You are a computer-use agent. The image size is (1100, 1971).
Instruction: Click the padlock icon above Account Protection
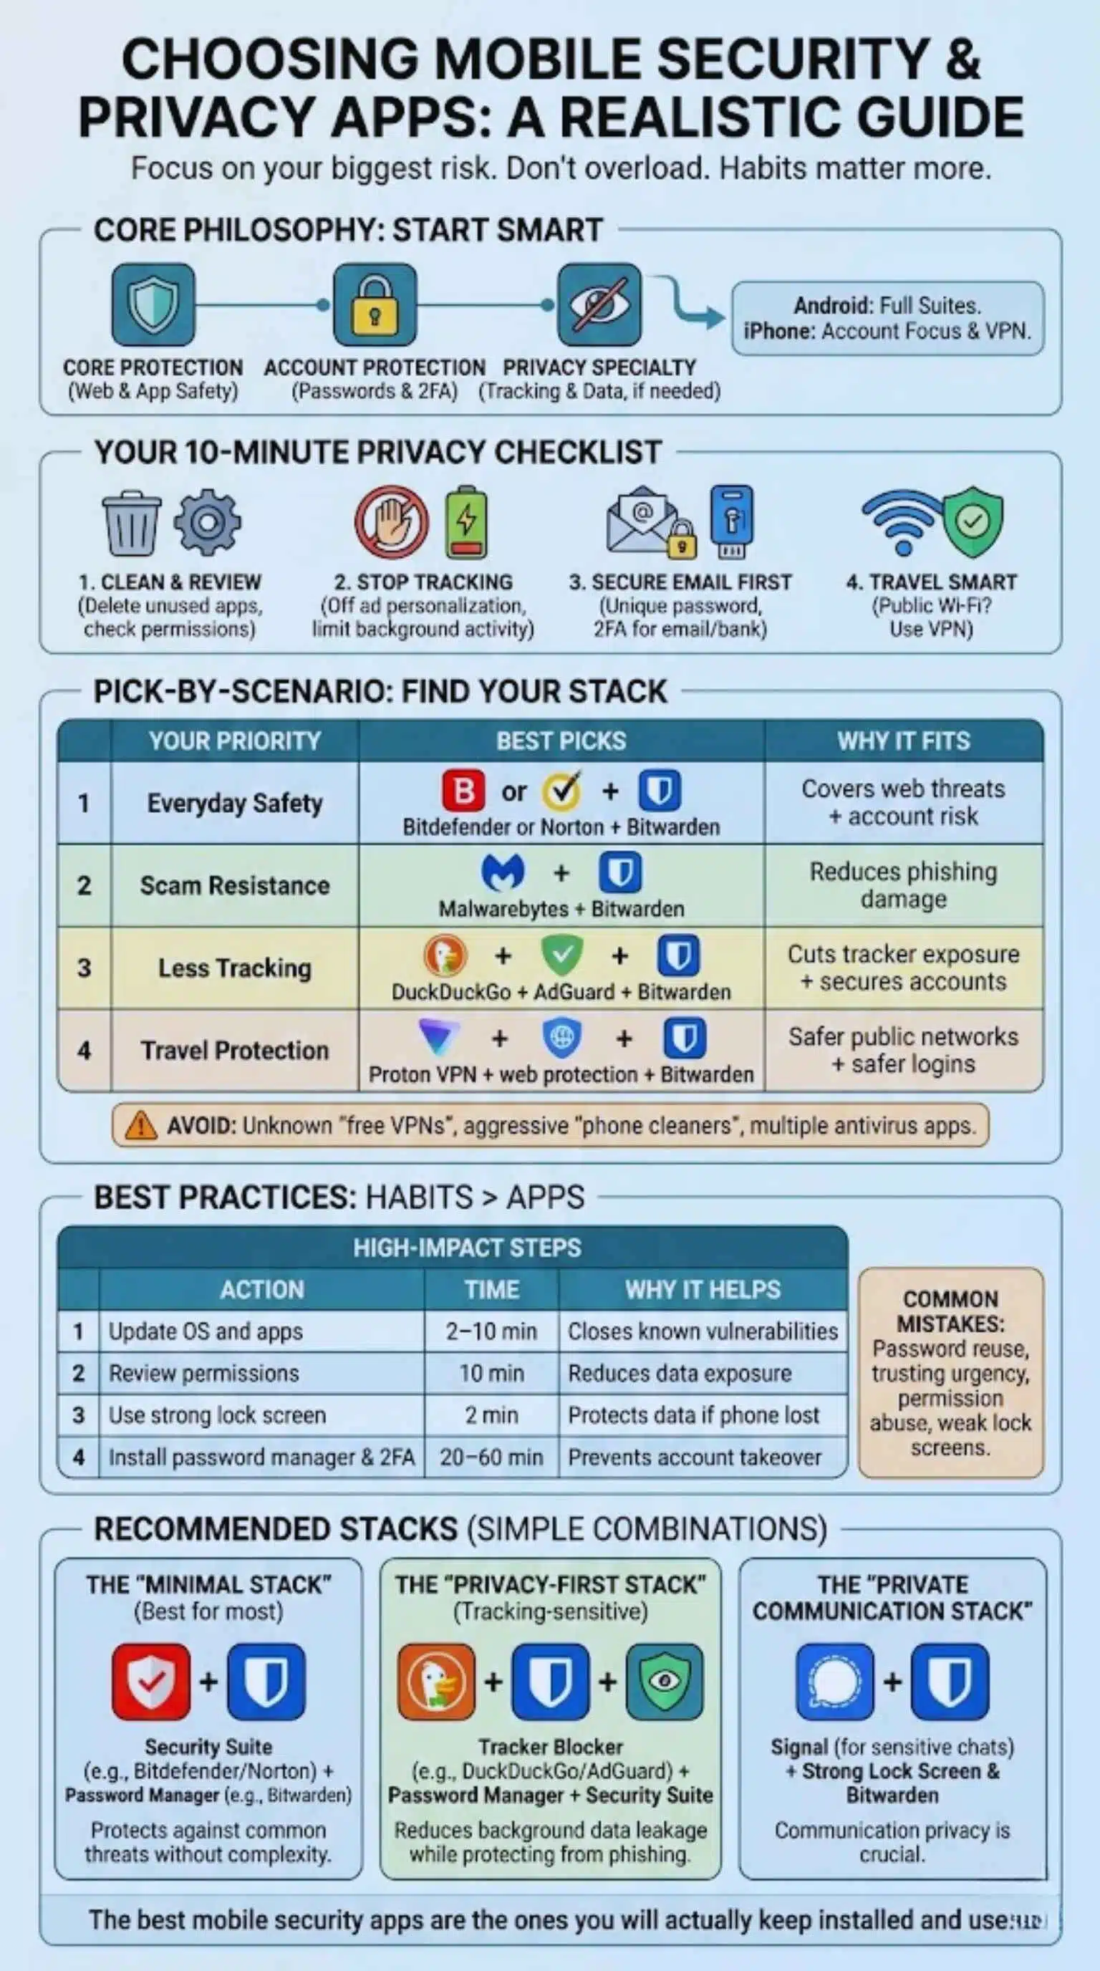coord(374,304)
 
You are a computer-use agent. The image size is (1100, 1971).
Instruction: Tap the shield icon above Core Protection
coord(153,304)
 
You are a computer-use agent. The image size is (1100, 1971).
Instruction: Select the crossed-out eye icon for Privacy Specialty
coord(599,304)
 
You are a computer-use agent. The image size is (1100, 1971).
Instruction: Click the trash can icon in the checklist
coord(132,523)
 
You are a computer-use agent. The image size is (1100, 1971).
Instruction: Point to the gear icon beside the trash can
coord(207,523)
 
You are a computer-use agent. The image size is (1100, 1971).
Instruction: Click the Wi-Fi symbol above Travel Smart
coord(902,520)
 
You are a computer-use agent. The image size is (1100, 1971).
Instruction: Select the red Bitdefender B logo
coord(463,791)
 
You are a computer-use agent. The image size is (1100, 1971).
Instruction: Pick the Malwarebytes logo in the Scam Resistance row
coord(503,872)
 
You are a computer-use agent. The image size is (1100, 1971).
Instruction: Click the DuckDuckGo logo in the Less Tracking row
coord(445,955)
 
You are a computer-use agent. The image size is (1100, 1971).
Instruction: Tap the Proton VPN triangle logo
coord(440,1037)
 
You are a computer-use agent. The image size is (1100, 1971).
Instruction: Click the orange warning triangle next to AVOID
coord(141,1126)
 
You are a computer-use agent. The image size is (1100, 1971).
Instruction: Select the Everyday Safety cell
coord(235,804)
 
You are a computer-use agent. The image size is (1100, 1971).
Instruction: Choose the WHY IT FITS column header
coord(903,741)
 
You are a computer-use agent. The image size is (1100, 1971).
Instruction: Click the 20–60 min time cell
coord(491,1457)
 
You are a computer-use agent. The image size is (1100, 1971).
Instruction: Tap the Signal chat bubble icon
coord(834,1681)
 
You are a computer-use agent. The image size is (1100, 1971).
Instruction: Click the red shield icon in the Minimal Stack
coord(150,1681)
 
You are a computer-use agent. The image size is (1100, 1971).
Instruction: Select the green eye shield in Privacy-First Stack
coord(664,1681)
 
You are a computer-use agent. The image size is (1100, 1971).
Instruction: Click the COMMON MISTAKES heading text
coord(950,1311)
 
